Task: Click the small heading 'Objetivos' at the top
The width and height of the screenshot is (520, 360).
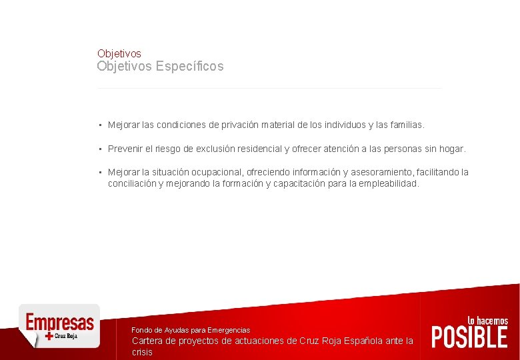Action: click(119, 53)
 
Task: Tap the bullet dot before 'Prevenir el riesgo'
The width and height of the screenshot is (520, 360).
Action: click(99, 149)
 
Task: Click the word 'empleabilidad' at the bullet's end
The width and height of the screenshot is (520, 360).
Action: click(389, 183)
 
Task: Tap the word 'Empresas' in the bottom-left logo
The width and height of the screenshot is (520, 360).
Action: click(59, 322)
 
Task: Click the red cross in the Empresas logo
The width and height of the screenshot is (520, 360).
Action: click(49, 336)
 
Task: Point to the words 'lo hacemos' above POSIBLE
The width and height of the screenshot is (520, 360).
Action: click(488, 321)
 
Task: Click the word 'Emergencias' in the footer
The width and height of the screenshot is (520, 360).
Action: click(229, 330)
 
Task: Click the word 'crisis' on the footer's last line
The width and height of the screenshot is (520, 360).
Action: click(142, 352)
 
